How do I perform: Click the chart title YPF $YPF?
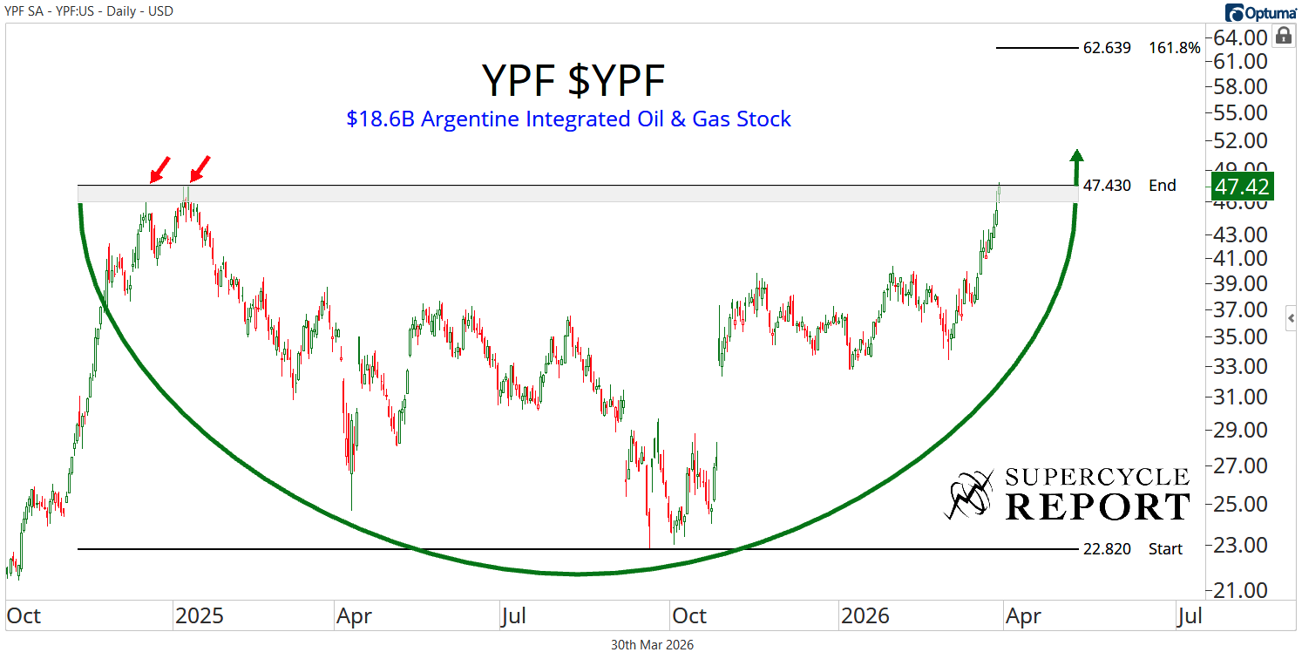(x=573, y=82)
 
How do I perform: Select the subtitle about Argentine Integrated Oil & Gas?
(x=568, y=119)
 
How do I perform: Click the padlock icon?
(x=1283, y=36)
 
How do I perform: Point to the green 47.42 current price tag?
(x=1241, y=186)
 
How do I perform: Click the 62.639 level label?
(x=1107, y=48)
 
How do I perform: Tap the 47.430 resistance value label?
(x=1107, y=186)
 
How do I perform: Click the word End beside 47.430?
(x=1163, y=186)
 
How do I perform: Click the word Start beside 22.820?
(x=1165, y=549)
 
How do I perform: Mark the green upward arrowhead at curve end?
(x=1077, y=155)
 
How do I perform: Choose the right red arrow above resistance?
(x=200, y=168)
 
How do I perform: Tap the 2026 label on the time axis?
(x=865, y=616)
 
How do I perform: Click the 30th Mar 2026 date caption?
(x=653, y=645)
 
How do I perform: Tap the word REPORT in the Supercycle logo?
(x=1097, y=506)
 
